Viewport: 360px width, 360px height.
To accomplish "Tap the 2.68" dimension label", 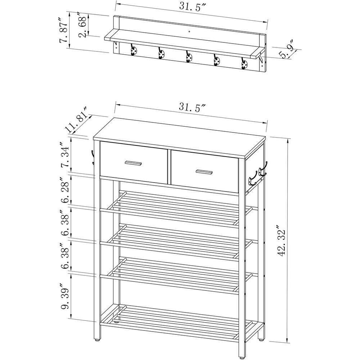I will click(84, 25).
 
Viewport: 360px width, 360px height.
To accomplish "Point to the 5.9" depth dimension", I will click(287, 52).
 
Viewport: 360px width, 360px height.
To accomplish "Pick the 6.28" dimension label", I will click(65, 190).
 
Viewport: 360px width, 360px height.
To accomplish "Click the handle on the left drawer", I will click(133, 163).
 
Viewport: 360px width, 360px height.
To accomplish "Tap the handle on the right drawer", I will click(204, 172).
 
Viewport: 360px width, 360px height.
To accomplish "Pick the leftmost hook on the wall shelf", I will click(134, 51).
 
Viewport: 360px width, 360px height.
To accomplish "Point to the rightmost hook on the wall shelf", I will click(244, 64).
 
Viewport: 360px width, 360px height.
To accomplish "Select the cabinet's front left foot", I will click(96, 339).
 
